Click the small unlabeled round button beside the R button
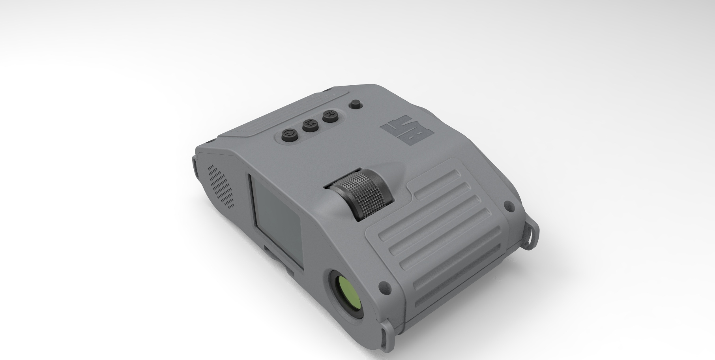click(x=356, y=104)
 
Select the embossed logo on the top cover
click(x=407, y=130)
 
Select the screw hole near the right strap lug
click(x=509, y=205)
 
